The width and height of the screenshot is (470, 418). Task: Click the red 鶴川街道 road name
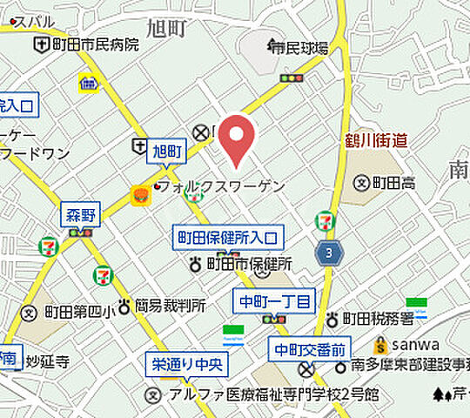[375, 139]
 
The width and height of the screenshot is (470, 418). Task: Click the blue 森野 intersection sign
[81, 213]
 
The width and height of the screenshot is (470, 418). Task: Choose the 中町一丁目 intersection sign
[274, 302]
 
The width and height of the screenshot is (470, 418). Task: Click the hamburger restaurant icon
[139, 198]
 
